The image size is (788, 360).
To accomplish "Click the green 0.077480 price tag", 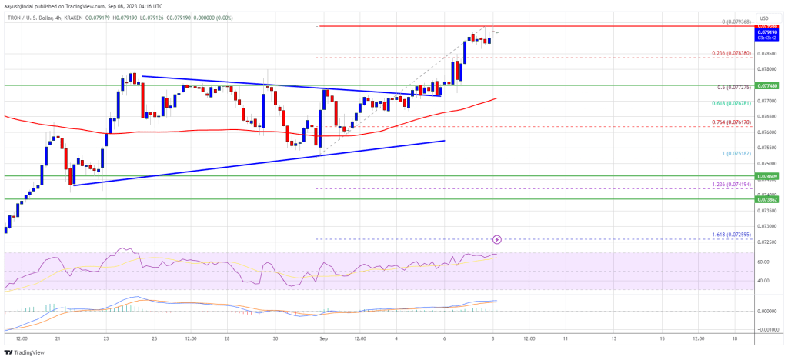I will [x=768, y=85].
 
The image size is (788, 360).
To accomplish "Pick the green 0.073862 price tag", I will [x=768, y=198].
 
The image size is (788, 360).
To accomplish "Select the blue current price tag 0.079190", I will [x=768, y=32].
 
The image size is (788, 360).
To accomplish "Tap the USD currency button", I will [x=764, y=17].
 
